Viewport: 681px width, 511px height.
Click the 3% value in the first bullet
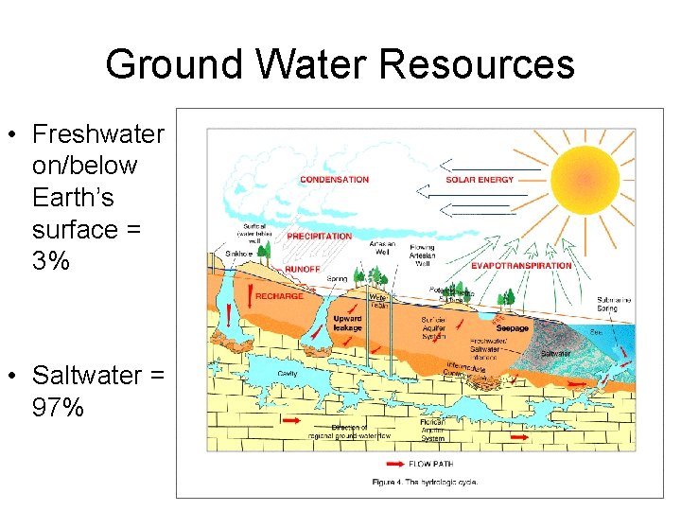50,261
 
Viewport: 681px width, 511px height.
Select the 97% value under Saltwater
58,408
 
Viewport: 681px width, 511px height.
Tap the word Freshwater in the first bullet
97,133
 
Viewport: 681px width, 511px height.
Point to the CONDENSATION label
334,180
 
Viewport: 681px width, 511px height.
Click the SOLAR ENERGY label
480,180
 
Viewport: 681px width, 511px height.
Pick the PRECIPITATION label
319,236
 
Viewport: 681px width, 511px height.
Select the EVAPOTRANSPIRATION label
521,266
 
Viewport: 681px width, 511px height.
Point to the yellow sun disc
585,176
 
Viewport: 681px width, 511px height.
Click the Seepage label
513,328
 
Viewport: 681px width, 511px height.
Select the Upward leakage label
347,324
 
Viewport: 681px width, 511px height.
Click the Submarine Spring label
614,304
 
